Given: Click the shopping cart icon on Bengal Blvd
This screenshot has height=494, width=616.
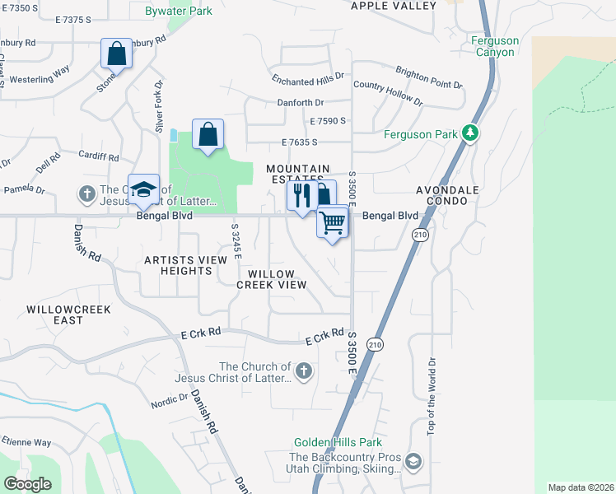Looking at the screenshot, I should pos(333,221).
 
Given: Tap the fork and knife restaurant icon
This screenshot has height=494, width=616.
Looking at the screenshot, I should pos(301,196).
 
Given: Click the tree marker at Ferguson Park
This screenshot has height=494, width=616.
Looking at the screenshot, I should pos(469,133).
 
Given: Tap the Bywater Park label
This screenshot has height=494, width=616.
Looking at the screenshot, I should pos(178,11).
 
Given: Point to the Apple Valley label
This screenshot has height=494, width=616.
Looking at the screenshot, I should pos(394,6).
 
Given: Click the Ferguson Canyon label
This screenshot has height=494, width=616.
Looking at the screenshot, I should pos(493,46).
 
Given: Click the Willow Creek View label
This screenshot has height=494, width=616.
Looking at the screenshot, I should pos(272,278).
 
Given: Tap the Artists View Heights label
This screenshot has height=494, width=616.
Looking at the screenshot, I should pos(185,265).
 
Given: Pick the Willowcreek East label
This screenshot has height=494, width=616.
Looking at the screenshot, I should pos(68,315).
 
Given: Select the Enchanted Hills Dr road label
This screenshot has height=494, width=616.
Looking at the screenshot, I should pos(309,82).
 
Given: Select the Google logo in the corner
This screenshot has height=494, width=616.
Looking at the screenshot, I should pos(27,484).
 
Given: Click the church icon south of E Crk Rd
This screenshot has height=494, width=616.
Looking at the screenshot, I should pos(304,371).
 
